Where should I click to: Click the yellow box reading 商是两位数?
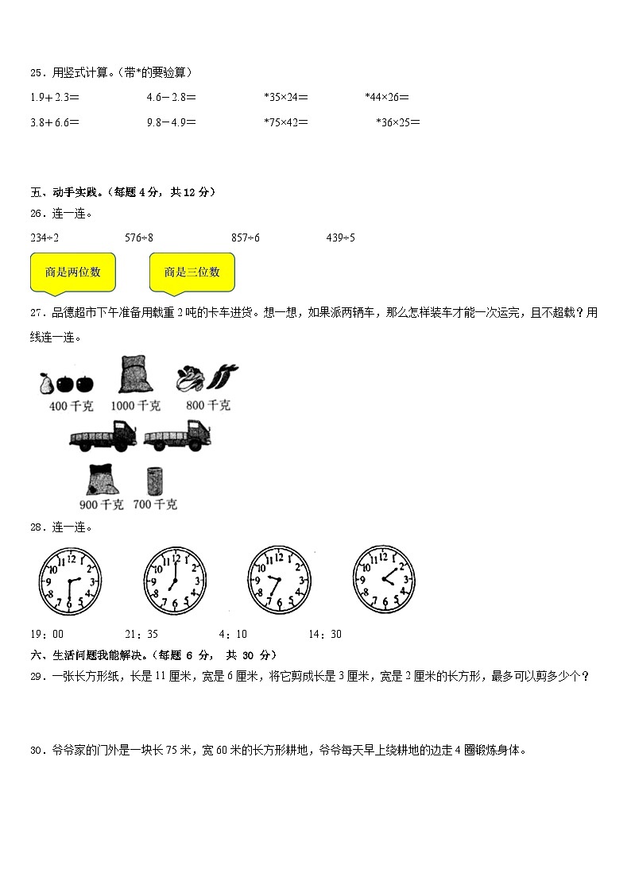coord(72,272)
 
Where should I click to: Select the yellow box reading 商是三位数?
coord(192,272)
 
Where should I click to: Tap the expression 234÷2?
coord(45,237)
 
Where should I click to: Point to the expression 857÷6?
coord(246,237)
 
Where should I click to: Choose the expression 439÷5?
coord(340,237)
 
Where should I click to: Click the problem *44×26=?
coord(387,98)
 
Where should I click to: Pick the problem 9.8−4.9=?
coord(172,122)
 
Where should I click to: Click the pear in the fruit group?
coord(45,384)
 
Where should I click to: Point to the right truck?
coord(178,437)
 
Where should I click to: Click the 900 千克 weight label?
coord(101,504)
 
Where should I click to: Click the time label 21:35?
coord(141,634)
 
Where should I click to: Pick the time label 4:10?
coord(233,634)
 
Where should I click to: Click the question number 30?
coord(37,749)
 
